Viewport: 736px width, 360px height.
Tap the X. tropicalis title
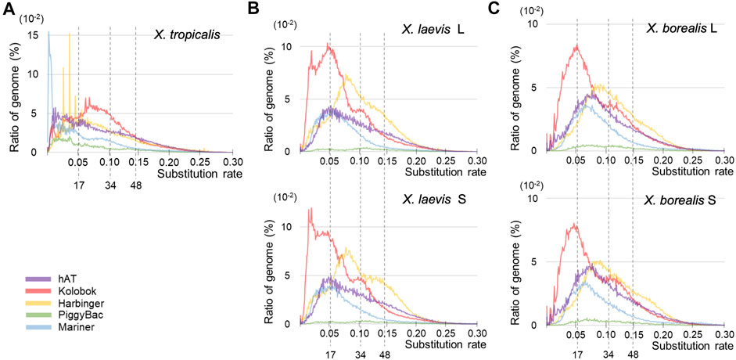coord(193,35)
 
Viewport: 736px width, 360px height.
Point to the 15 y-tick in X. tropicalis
coord(33,34)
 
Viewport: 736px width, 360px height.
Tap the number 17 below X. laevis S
coord(329,354)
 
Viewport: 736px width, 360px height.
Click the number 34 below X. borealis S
coord(608,354)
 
